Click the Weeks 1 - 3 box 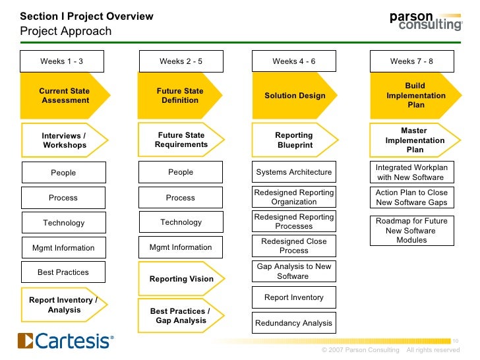[x=62, y=61]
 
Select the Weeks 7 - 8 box [x=411, y=61]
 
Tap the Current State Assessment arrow [x=65, y=96]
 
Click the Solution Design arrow [x=295, y=96]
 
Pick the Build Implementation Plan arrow [x=415, y=96]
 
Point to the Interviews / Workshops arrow [x=64, y=140]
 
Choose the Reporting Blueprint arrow [x=294, y=140]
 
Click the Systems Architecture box [x=294, y=172]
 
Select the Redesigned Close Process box [x=294, y=246]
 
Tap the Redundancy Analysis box [x=294, y=323]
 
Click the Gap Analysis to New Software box [x=294, y=271]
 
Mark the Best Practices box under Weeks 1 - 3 [x=63, y=272]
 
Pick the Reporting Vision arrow [x=181, y=278]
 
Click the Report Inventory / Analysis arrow [x=63, y=305]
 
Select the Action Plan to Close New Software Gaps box [x=411, y=197]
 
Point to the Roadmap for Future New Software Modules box [x=411, y=230]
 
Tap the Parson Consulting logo [x=425, y=20]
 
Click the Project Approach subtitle [x=66, y=32]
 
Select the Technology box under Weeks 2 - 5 [x=181, y=222]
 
